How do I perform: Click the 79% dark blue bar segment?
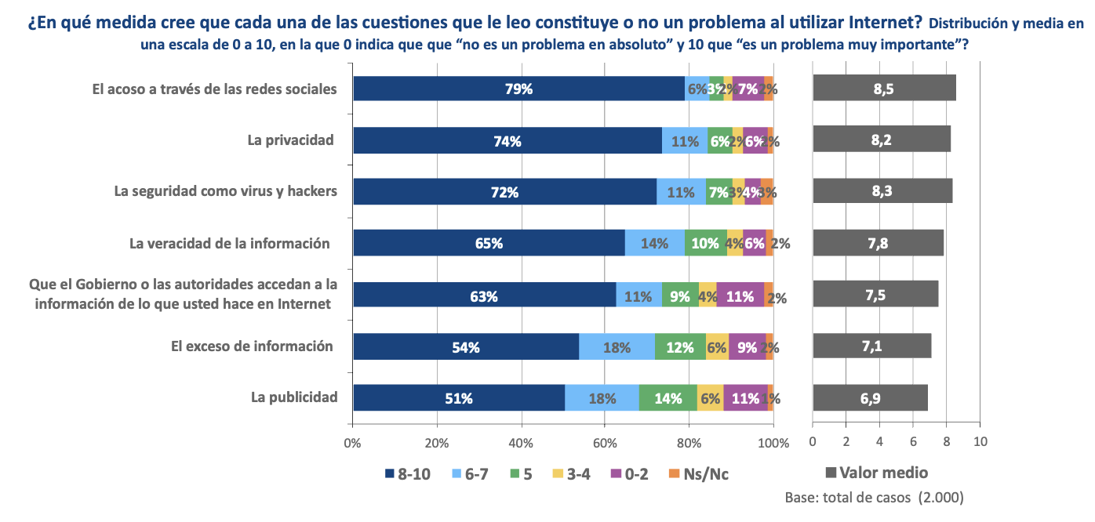518,89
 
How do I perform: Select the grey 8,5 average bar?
884,89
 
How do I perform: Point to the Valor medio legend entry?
878,473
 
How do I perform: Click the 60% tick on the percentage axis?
605,443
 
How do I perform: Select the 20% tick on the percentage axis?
437,443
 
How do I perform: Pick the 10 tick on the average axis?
980,442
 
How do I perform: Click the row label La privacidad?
290,140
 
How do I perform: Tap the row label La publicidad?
294,397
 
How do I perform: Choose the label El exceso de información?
252,346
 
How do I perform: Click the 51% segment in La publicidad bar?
459,398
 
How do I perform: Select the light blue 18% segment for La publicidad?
602,398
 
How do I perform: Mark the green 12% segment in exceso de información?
680,346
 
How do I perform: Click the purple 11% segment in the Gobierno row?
740,295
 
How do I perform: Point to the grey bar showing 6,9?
870,398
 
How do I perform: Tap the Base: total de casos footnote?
874,498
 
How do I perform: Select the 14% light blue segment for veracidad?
654,243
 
